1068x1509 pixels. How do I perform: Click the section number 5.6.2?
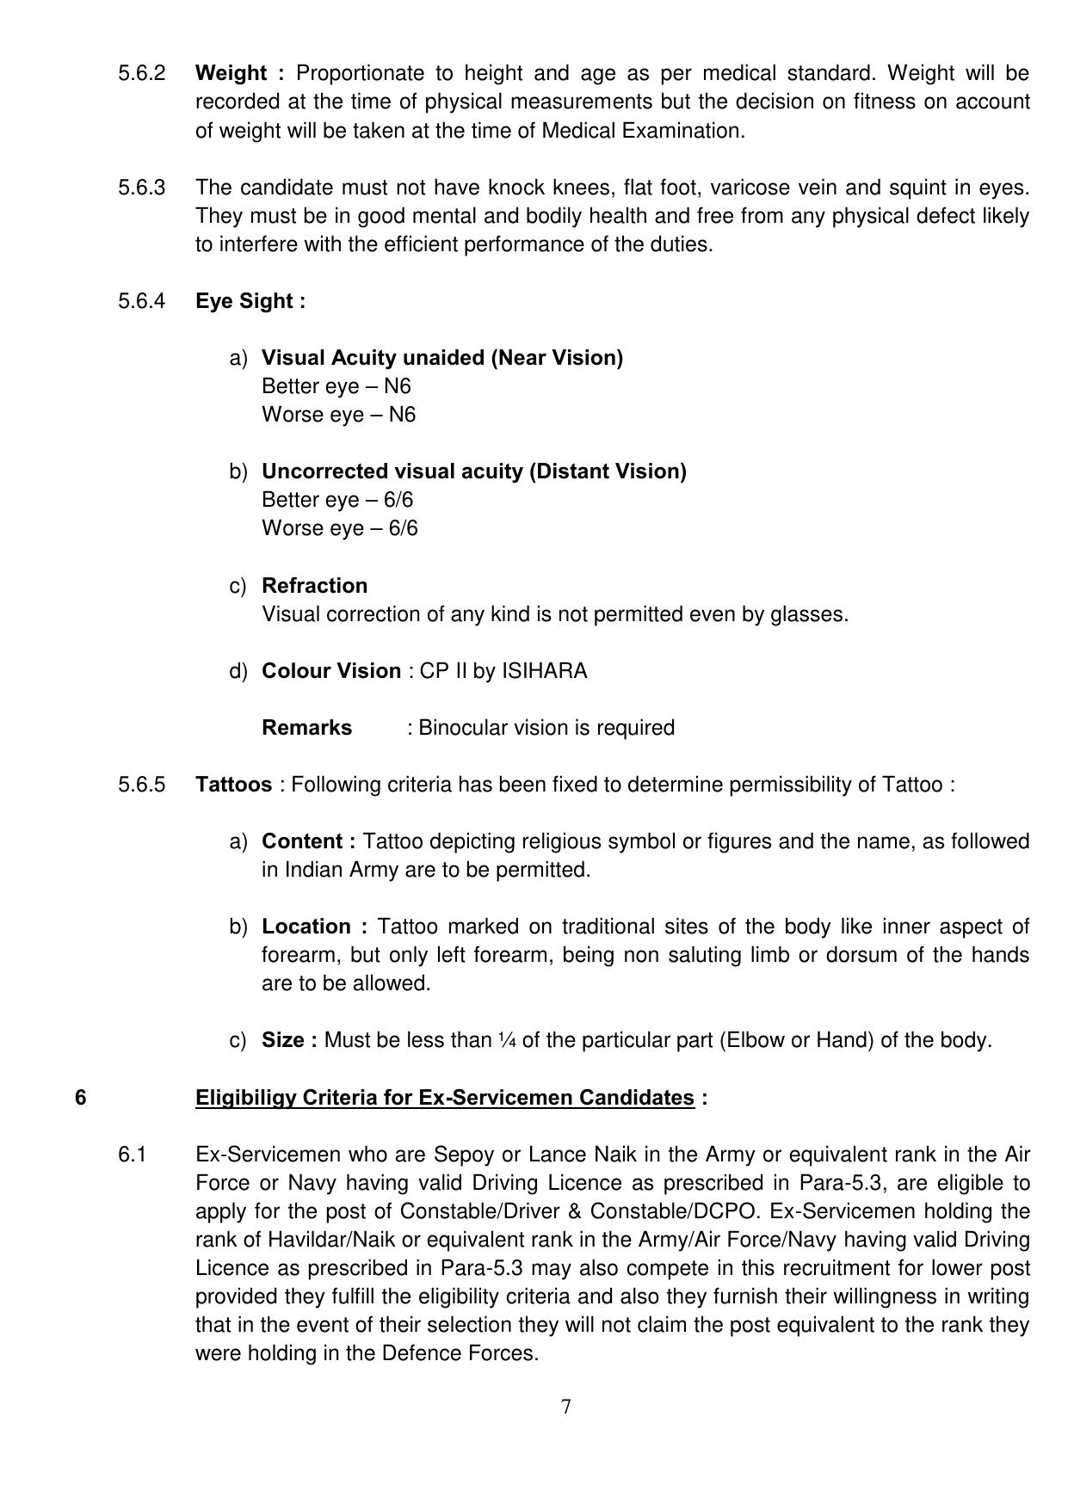click(141, 73)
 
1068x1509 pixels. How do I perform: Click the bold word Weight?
click(231, 73)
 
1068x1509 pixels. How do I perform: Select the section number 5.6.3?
click(141, 188)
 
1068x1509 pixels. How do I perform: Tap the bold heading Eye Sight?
click(250, 301)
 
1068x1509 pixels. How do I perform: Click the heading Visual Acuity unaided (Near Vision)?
click(442, 358)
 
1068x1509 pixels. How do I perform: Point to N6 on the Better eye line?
click(397, 386)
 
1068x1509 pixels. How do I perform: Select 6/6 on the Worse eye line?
click(403, 528)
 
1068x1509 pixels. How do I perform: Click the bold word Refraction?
click(314, 586)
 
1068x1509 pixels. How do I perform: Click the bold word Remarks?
click(306, 728)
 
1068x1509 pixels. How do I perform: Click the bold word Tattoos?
click(233, 785)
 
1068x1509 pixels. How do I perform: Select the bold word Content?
click(301, 841)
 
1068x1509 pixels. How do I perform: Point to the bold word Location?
click(306, 927)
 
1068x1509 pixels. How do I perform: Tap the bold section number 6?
click(80, 1098)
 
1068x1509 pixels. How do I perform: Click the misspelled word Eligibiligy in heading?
click(245, 1098)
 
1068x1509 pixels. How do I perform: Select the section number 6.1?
click(133, 1155)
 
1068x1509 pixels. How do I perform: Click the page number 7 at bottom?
click(565, 1407)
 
